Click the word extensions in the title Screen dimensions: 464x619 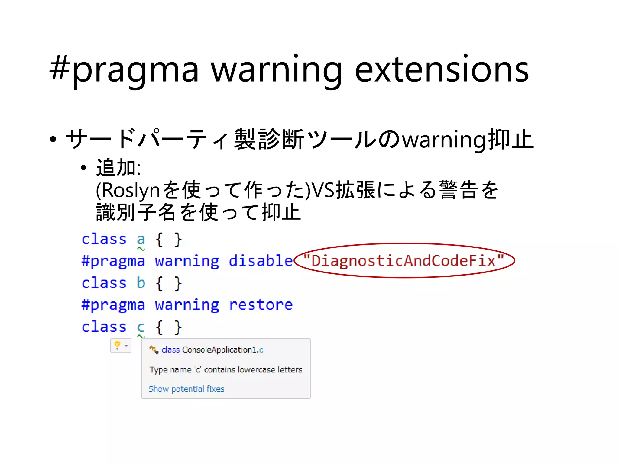(442, 69)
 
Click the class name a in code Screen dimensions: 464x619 (141, 239)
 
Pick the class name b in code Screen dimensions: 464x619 (141, 283)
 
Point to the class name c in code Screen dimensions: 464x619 (141, 327)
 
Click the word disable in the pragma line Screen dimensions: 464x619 (261, 261)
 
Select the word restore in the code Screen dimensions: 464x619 (261, 304)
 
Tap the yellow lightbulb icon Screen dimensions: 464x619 (118, 345)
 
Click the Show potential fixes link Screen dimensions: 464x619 (186, 389)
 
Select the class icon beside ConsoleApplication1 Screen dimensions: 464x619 (154, 350)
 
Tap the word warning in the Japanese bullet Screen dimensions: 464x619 (445, 140)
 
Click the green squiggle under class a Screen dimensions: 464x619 (141, 249)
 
